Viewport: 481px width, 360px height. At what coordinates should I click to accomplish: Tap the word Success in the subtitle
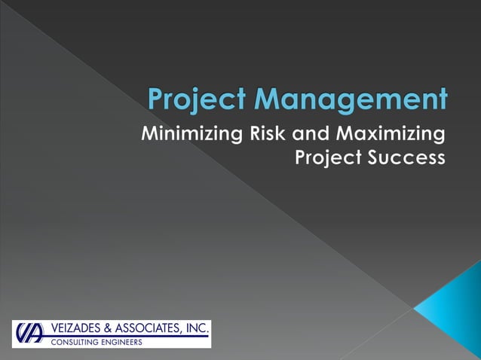click(408, 159)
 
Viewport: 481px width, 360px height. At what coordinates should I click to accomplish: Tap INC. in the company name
click(198, 328)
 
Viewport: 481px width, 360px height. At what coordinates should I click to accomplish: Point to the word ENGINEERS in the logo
click(121, 342)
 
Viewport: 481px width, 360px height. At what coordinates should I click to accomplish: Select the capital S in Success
click(375, 159)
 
